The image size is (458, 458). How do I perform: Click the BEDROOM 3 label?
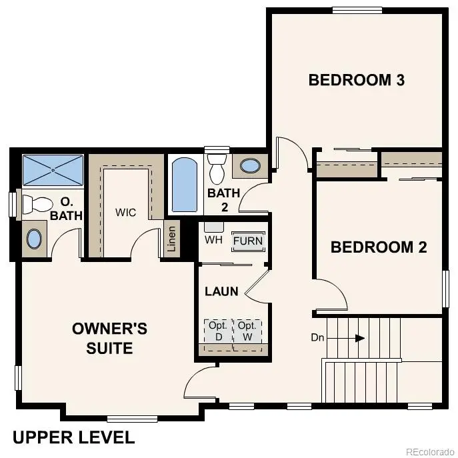(357, 80)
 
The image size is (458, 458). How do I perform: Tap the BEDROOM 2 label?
(379, 247)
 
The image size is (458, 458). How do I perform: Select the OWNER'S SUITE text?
(109, 338)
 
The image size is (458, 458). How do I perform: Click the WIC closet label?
(125, 213)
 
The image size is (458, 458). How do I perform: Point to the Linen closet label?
(171, 239)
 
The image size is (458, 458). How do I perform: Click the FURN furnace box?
(248, 241)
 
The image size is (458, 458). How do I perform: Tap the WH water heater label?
(213, 239)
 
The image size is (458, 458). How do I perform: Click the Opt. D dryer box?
(217, 331)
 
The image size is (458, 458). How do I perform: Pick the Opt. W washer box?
(247, 331)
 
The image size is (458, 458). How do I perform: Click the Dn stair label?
(317, 338)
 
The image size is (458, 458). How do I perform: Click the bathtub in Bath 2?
(183, 184)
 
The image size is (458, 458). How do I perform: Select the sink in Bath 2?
(251, 166)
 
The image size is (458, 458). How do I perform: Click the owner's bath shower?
(53, 170)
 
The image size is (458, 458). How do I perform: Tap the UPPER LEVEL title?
(73, 437)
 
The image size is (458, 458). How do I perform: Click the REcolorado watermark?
(429, 450)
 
